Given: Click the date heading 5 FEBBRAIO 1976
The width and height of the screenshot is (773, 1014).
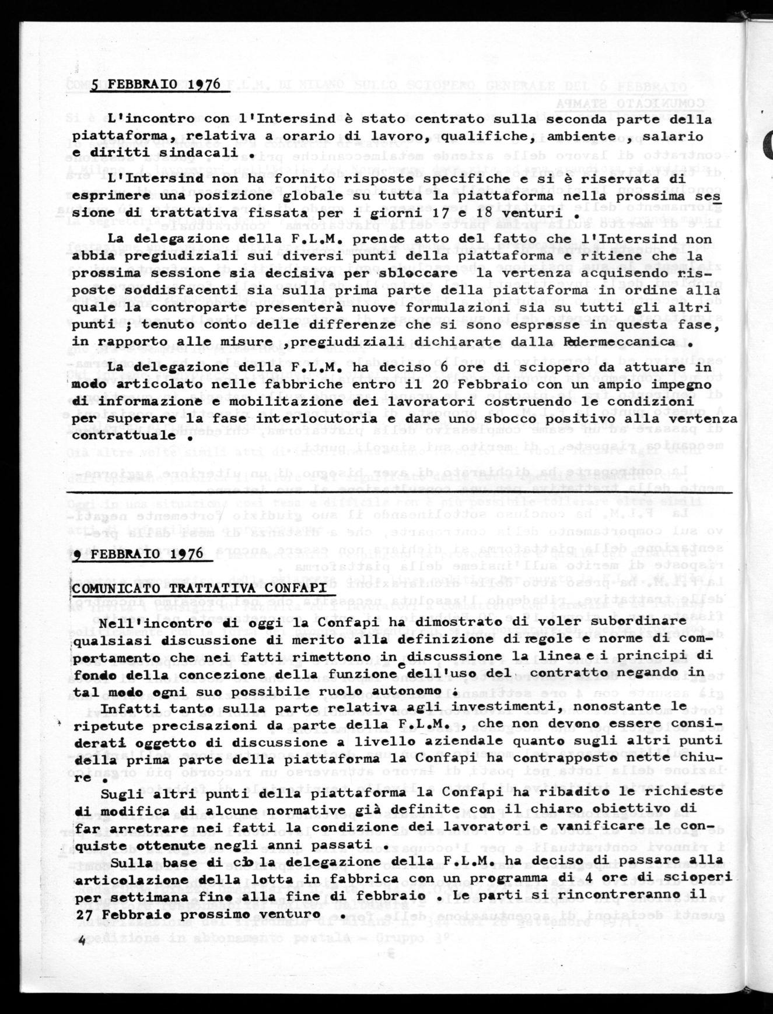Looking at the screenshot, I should coord(156,85).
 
